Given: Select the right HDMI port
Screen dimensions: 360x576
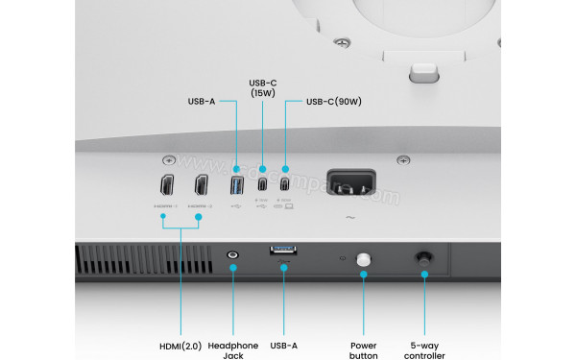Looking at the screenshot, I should point(201,183).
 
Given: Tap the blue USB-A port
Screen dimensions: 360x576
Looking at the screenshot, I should point(238,183).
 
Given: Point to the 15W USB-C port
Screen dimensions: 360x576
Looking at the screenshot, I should point(262,183).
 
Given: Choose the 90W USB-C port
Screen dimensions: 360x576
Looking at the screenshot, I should point(284,183).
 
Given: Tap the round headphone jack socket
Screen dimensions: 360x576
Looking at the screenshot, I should point(232,256).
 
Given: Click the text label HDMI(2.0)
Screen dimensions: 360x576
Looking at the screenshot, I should point(180,346).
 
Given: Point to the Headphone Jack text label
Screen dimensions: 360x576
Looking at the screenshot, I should point(232,350).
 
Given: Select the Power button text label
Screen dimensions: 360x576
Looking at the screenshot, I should point(364,350).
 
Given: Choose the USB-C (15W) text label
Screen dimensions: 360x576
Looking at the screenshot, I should point(262,87).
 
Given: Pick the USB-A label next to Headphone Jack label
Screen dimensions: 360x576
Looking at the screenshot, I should point(285,346).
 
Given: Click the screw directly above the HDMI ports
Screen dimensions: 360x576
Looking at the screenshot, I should point(169,159).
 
